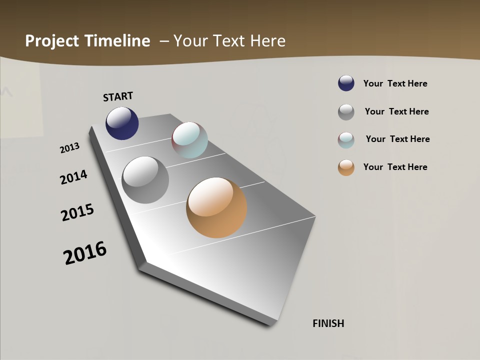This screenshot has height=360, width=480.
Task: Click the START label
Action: tap(118, 96)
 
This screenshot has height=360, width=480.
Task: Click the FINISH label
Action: tap(328, 323)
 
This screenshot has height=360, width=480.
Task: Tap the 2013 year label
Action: tap(69, 148)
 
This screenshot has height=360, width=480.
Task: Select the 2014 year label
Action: tap(73, 177)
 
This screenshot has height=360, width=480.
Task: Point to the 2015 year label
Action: tap(77, 212)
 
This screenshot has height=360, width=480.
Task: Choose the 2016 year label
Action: tap(85, 252)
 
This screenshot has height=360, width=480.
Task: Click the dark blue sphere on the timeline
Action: tap(122, 123)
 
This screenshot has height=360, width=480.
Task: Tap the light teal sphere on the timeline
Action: tap(190, 140)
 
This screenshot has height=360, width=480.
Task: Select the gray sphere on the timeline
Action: tap(145, 180)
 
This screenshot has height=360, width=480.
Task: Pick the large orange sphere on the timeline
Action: tap(216, 207)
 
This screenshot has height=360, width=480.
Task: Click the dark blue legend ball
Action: tap(346, 83)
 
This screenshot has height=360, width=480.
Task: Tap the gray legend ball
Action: tap(346, 112)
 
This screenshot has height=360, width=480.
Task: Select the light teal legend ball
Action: tap(346, 140)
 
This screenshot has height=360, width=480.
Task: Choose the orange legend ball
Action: tap(346, 167)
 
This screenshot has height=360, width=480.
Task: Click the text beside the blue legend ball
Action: tap(395, 83)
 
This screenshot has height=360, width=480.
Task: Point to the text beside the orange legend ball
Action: tap(395, 167)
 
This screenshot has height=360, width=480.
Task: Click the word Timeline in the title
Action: tap(117, 41)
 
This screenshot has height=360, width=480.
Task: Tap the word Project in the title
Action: tap(51, 41)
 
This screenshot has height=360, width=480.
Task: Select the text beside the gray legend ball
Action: tap(396, 111)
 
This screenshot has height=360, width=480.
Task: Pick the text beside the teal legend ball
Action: tap(397, 139)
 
